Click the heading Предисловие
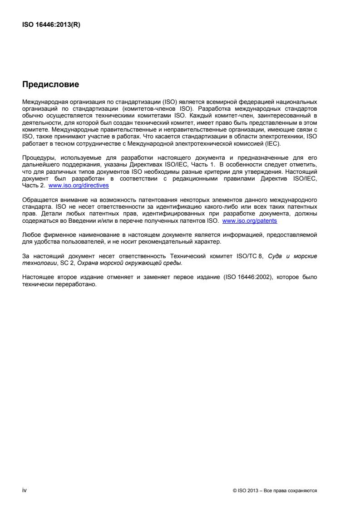50,84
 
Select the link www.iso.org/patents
250,220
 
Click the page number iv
25,490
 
